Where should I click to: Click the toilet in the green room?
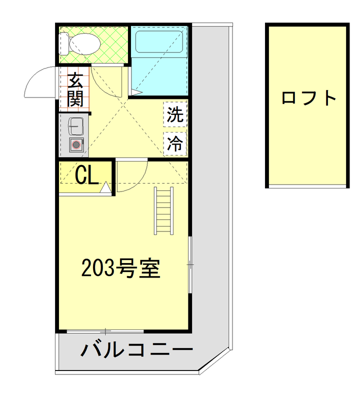click(83, 44)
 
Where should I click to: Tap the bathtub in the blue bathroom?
click(159, 41)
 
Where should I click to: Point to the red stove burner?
click(76, 145)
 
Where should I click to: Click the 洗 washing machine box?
click(175, 115)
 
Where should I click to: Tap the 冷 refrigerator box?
click(175, 144)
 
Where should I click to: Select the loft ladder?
click(163, 210)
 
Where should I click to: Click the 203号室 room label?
click(120, 269)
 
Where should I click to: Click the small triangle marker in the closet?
click(106, 188)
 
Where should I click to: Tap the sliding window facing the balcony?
click(106, 331)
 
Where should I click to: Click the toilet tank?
click(63, 44)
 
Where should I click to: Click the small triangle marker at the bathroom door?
click(135, 92)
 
